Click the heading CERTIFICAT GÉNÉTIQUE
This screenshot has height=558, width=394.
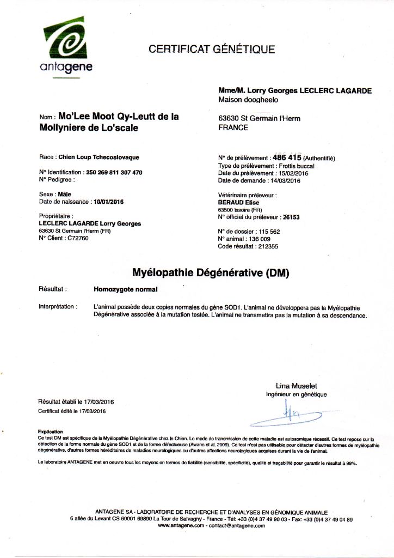tap(212, 50)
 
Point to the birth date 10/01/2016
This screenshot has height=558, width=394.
tap(109, 202)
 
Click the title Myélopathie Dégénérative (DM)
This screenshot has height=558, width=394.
tap(211, 271)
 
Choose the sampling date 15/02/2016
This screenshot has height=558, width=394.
tap(297, 172)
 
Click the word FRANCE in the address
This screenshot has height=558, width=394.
tap(233, 128)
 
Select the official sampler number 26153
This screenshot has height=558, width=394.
tap(292, 217)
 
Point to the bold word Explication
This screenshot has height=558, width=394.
tap(50, 432)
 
